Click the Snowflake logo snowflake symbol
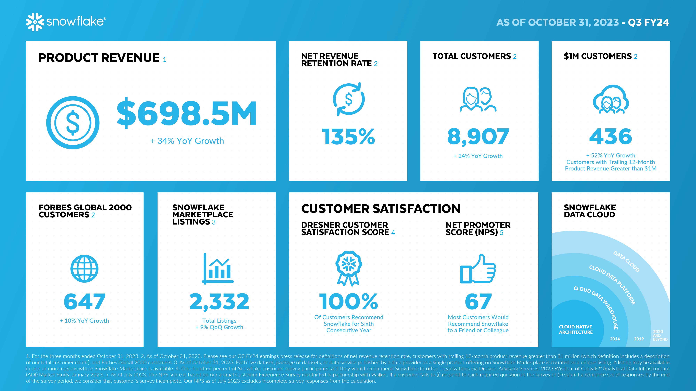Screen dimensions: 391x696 (35, 22)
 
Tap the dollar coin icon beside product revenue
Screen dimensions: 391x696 (73, 123)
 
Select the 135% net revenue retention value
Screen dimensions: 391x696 (348, 137)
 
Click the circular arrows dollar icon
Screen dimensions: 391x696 (349, 99)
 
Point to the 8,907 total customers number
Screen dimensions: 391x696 (478, 137)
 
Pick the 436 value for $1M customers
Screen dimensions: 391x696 (611, 137)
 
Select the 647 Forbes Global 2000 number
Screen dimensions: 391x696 (85, 302)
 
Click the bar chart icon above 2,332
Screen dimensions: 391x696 (218, 269)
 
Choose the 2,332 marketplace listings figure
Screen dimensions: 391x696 (219, 302)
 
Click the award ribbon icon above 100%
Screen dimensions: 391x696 (349, 268)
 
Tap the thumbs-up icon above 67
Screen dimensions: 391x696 (478, 269)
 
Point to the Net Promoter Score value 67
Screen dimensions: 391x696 (478, 302)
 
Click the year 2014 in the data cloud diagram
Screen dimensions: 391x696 (615, 339)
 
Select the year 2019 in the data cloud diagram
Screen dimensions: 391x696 (639, 339)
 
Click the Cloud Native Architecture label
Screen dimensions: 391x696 (575, 329)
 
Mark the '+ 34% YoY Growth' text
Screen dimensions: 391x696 (187, 141)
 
